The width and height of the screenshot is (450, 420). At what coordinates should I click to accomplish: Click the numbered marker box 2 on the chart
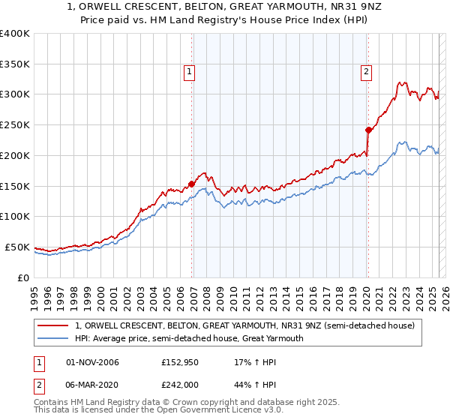[x=366, y=72]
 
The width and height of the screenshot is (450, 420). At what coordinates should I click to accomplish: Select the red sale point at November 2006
[x=192, y=183]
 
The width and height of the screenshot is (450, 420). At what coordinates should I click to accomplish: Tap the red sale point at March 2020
[x=368, y=129]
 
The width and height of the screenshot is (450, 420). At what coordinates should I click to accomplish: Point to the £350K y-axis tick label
[x=15, y=64]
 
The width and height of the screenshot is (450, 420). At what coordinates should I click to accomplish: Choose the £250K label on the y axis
[x=15, y=124]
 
